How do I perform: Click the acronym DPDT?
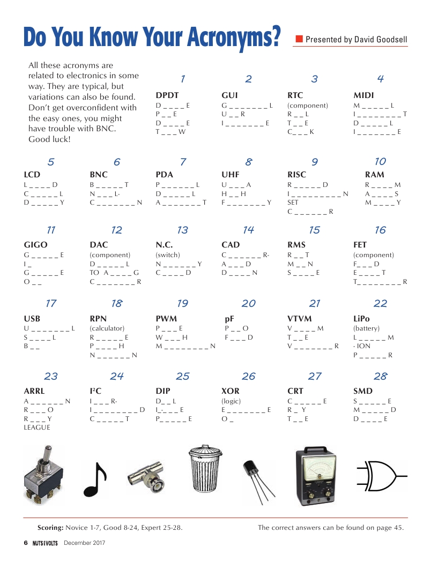[x=167, y=95]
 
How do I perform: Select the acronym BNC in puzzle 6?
[x=99, y=175]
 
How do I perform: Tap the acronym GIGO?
[x=35, y=245]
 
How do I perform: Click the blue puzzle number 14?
[x=248, y=230]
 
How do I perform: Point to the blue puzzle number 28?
[x=380, y=376]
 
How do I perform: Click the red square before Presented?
[x=300, y=39]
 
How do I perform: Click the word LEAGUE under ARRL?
[x=37, y=427]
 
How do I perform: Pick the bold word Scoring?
[x=50, y=528]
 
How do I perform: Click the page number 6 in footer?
[x=25, y=543]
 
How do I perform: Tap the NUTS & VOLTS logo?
[x=44, y=543]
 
